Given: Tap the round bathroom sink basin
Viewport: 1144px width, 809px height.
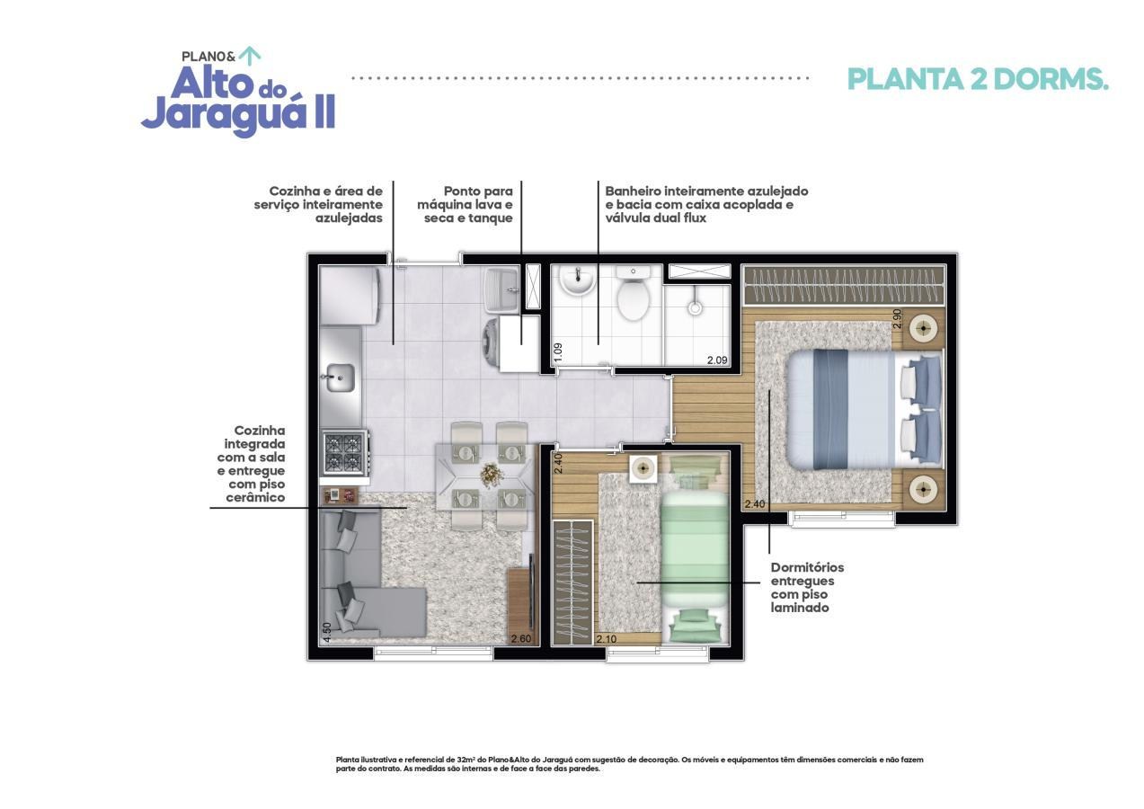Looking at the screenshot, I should (575, 283).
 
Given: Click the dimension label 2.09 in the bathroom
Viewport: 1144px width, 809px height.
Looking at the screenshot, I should (716, 360).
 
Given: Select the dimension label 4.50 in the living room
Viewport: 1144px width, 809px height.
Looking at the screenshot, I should (327, 633).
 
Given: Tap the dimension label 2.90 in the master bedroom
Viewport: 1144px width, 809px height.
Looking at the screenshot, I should (896, 318).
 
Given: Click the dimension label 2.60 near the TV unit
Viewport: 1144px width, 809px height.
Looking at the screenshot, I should (520, 639).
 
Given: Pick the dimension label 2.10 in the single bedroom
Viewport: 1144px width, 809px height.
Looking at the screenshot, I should (606, 639).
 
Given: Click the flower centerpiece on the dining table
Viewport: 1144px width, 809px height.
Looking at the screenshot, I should (490, 473).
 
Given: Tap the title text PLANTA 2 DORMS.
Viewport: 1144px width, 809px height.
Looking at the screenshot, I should (978, 79).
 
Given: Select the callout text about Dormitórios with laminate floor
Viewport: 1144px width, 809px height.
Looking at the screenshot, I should (807, 587).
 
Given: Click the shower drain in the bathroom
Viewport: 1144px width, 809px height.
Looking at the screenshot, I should (694, 307).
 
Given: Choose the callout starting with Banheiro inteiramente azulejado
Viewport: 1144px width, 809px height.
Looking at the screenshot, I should (706, 204).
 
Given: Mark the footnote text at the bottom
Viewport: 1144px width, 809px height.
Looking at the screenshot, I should (629, 764).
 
